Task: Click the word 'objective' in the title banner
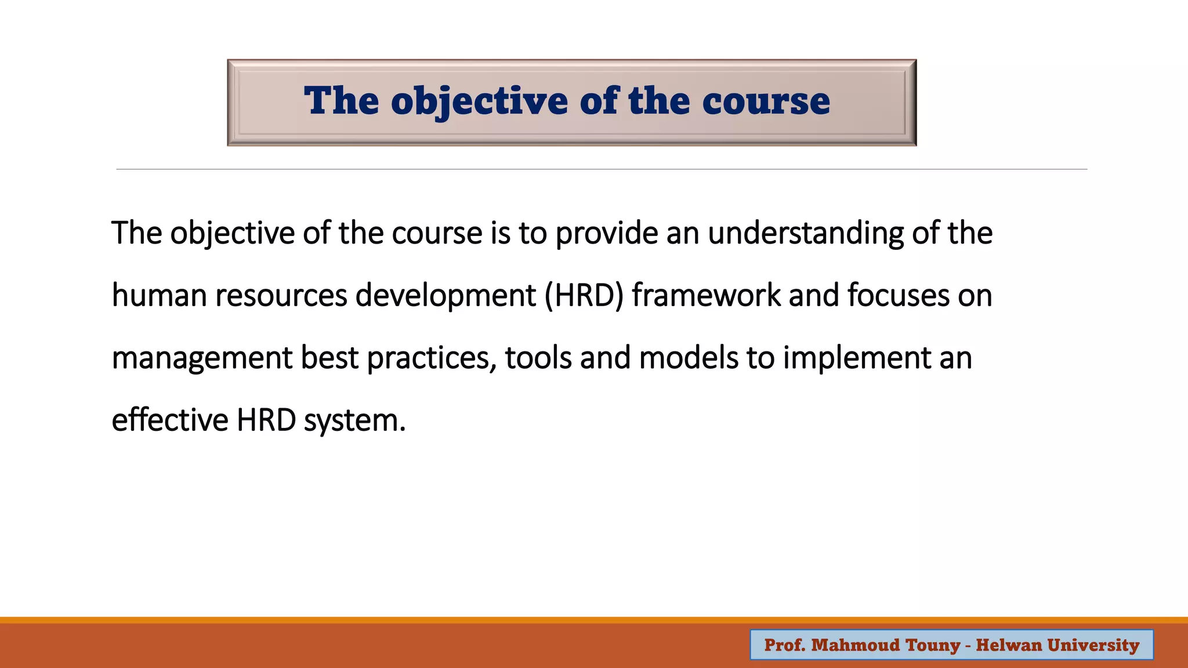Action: [479, 102]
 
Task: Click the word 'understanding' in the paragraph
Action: [805, 234]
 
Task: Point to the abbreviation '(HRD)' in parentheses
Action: [584, 296]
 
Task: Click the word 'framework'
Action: [706, 296]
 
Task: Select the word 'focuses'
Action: [898, 296]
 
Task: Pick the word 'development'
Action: [445, 296]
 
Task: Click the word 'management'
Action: [202, 358]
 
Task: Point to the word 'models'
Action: [688, 358]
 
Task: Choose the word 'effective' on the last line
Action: [169, 420]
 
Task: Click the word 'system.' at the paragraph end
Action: [354, 420]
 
